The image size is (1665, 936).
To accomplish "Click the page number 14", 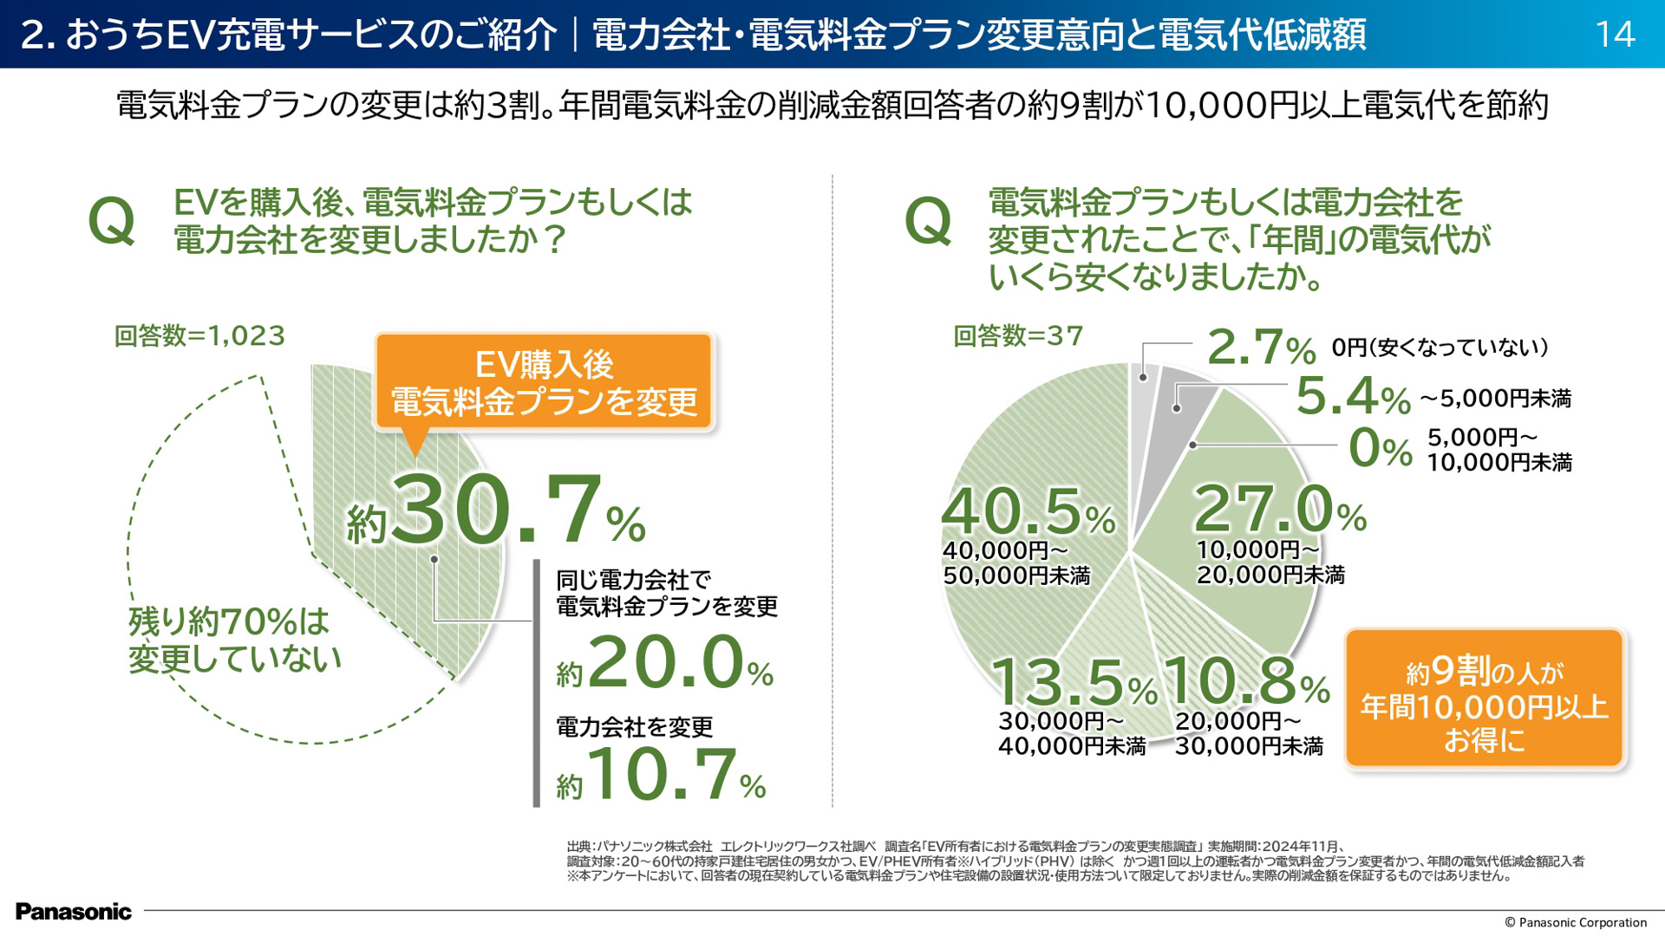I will coord(1615,35).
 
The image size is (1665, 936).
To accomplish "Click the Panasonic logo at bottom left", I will coord(74,911).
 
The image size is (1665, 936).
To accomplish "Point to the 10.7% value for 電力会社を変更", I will coord(663,774).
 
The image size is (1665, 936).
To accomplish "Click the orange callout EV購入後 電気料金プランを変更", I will coord(544,382).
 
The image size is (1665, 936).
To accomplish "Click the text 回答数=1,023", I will coord(199,335).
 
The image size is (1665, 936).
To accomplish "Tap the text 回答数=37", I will coord(1018,335).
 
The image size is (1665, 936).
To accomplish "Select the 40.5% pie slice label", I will coord(1028,512).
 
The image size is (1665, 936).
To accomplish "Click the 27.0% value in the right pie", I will coord(1279,510).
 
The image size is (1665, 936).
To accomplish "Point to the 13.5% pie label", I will coord(1074,682).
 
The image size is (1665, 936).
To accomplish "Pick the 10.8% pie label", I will coord(1245,681).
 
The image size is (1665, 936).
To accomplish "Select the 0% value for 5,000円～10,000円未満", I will coord(1380,449).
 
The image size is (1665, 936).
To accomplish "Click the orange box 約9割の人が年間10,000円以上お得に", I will coord(1484,699).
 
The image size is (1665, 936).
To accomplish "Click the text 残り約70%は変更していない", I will coord(234,640).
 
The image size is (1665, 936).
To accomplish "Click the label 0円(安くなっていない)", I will coord(1440,348).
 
